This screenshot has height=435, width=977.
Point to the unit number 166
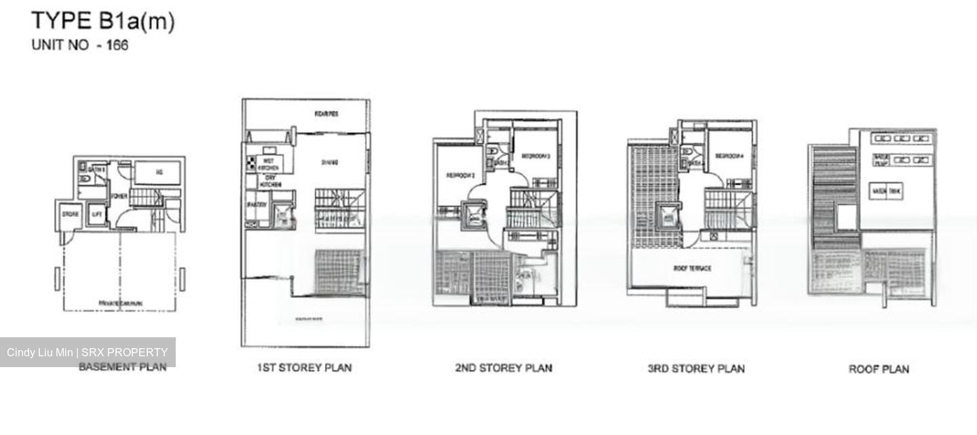tap(117, 46)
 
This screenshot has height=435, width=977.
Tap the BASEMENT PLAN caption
tap(122, 367)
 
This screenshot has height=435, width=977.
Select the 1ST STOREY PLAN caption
tap(304, 368)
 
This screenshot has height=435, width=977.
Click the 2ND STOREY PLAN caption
tap(503, 368)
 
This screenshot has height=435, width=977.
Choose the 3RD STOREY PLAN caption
tap(696, 368)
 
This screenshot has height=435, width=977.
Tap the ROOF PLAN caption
tap(879, 369)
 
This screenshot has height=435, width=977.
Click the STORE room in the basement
tap(71, 215)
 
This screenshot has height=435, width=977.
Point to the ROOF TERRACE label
tap(692, 269)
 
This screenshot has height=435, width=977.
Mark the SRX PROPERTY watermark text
tap(126, 352)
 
